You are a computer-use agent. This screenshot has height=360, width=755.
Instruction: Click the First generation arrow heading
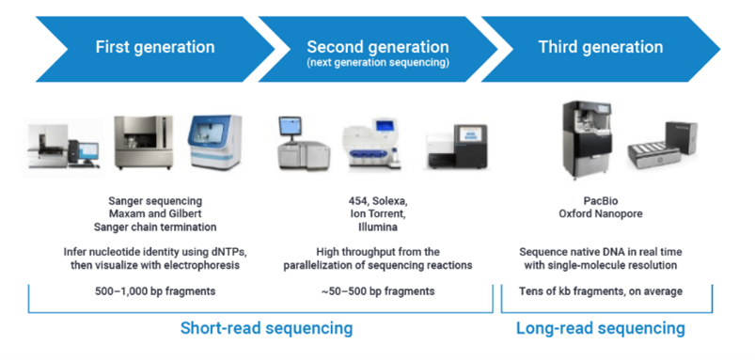coord(155,47)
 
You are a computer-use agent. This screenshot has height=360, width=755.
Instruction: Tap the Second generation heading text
coord(378,47)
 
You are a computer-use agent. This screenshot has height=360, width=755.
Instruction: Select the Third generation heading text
coord(601,47)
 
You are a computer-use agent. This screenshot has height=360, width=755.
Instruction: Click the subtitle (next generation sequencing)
coord(378,63)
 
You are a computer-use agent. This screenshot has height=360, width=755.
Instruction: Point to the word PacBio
coord(601,201)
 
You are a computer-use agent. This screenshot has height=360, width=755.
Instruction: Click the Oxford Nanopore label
coord(601,213)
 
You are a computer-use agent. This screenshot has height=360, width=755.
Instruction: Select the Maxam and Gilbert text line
coord(155,213)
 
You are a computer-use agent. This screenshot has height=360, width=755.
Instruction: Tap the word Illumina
coord(378,227)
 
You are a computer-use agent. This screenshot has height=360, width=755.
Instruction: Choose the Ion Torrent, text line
coord(378,213)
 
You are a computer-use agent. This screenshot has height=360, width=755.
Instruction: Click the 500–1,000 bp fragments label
coord(155,291)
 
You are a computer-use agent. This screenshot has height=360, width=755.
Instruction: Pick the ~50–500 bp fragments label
coord(378,291)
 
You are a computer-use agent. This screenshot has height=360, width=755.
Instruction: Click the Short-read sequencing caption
coord(266,328)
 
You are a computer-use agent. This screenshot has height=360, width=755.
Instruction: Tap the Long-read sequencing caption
coord(601,328)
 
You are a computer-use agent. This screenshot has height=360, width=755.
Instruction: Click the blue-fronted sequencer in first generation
coord(215,142)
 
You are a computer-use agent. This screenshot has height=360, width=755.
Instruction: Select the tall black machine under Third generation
coord(588,139)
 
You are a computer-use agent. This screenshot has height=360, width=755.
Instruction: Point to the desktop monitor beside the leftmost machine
coord(87,150)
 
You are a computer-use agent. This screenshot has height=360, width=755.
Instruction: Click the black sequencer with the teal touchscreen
coord(458,146)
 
